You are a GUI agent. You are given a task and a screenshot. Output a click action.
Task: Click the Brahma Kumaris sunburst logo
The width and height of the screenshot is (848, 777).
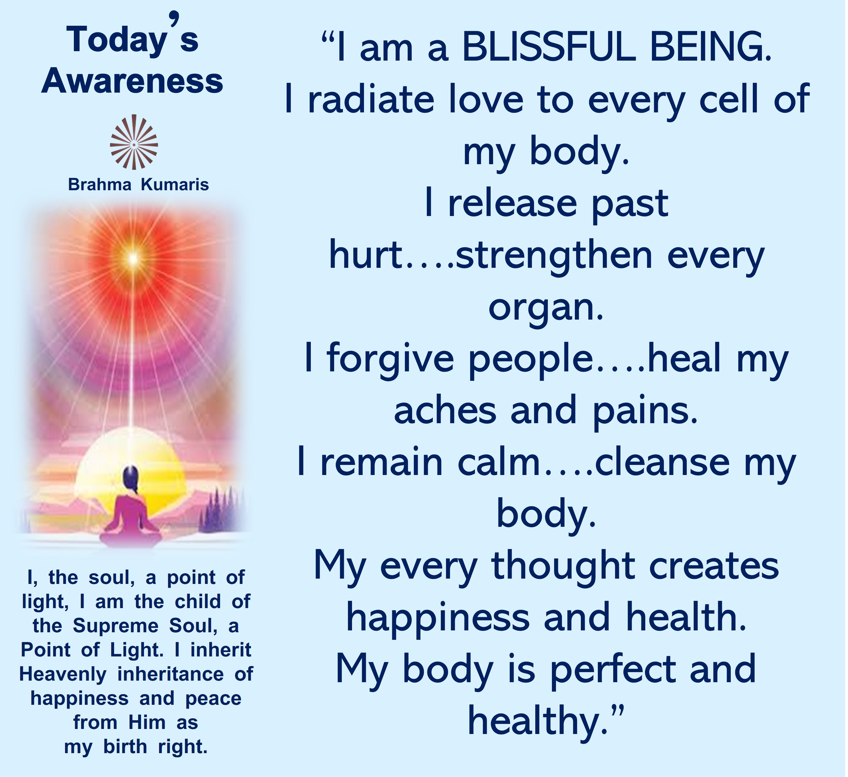134,142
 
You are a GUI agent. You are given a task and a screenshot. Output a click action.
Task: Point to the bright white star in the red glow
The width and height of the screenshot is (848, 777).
133,257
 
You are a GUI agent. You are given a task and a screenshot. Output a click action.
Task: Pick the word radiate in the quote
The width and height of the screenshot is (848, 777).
371,99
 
